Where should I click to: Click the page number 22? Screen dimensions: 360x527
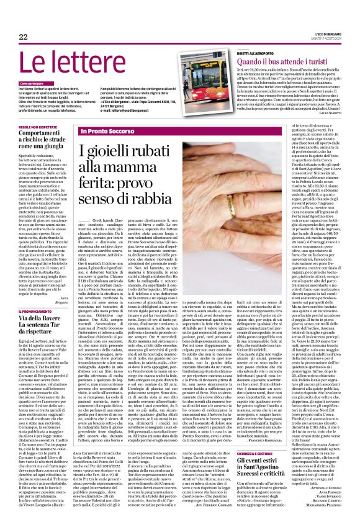tap(23, 38)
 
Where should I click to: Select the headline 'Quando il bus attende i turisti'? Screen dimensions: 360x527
tap(281, 62)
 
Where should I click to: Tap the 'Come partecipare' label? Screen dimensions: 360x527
tap(32, 83)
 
